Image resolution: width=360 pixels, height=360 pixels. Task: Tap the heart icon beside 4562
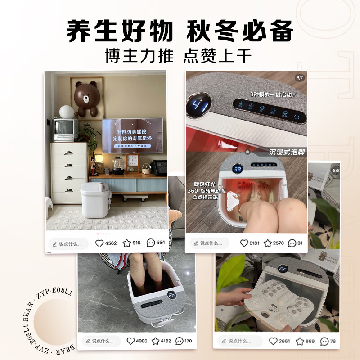click(99, 243)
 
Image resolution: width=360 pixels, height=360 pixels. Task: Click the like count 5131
click(255, 243)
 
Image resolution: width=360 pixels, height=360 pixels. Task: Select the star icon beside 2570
click(267, 243)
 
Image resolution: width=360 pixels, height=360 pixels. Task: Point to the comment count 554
click(161, 243)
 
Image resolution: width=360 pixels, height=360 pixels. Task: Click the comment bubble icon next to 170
click(179, 341)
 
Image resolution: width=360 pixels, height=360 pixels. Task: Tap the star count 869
click(310, 341)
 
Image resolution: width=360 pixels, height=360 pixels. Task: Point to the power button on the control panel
click(297, 117)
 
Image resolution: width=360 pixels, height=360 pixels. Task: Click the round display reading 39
click(238, 169)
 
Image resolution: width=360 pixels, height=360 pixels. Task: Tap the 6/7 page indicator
click(300, 77)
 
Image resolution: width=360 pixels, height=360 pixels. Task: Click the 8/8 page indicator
click(335, 171)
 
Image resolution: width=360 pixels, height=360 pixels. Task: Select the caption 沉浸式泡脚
click(288, 152)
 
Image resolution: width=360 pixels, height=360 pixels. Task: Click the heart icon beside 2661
click(273, 341)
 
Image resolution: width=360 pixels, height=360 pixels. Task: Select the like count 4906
click(141, 341)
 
